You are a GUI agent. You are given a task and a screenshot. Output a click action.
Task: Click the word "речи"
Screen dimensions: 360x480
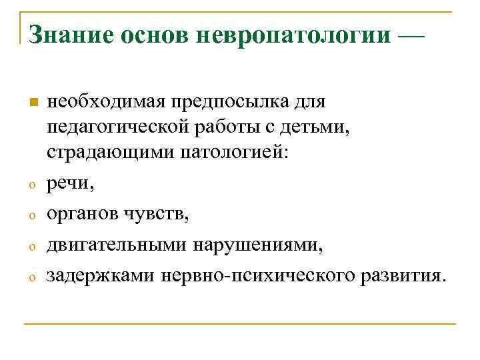point(65,185)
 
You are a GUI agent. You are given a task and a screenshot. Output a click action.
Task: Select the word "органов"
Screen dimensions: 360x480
point(80,214)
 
